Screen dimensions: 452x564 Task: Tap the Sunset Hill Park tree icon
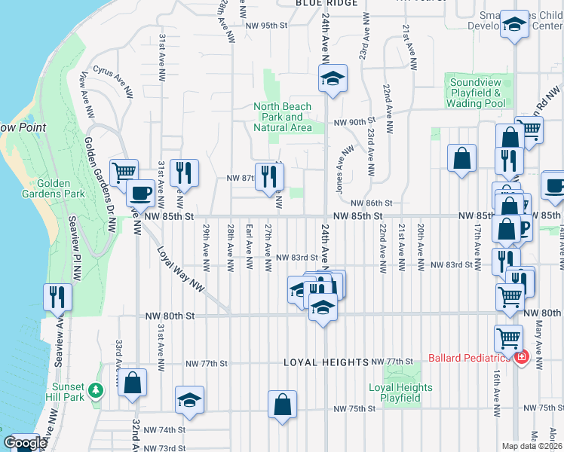pos(96,390)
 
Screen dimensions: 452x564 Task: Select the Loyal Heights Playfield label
pos(400,392)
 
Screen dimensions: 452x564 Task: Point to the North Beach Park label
pos(283,117)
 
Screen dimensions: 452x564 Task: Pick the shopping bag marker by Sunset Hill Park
pos(133,382)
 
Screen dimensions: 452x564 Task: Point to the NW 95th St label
pos(267,25)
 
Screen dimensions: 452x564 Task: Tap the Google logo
pos(25,443)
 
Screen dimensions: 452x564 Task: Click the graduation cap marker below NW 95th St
pos(332,78)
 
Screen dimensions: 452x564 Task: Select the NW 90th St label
pos(354,122)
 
